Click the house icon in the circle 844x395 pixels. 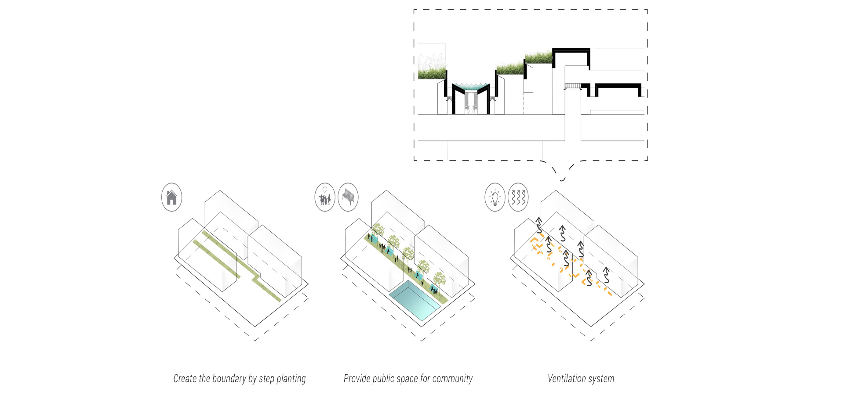[x=171, y=197]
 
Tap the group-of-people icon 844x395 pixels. [x=325, y=197]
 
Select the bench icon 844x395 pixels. [x=348, y=197]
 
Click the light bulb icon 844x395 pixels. [x=495, y=197]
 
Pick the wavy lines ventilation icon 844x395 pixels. [x=518, y=197]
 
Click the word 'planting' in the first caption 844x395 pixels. [x=291, y=379]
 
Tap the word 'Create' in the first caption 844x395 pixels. [x=185, y=378]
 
